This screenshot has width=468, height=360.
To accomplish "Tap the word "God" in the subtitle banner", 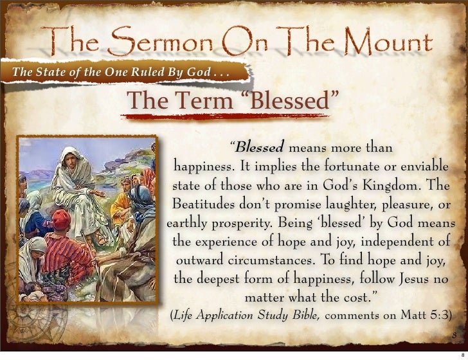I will click(x=196, y=71).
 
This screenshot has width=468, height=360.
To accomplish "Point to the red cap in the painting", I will click(x=60, y=219).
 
